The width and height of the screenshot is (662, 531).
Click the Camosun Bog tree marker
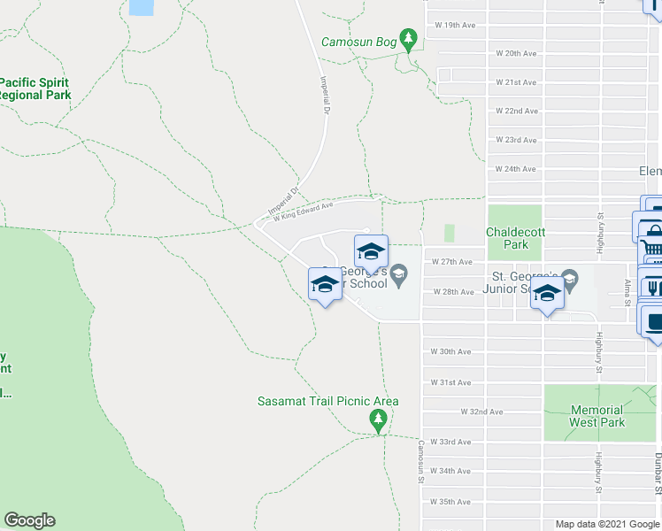coord(408,39)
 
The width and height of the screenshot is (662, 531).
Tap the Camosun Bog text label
coord(358,41)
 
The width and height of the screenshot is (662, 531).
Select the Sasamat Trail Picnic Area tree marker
coord(379,419)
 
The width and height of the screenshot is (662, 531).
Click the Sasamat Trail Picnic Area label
coord(327,401)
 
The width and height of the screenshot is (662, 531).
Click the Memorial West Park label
coord(597,416)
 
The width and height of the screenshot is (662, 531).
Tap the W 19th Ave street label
coord(455,26)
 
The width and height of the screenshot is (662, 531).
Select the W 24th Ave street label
coord(515,168)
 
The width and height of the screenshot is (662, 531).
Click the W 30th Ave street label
coord(450,351)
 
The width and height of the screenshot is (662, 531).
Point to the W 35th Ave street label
coord(450,502)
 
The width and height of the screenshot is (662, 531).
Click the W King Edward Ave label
coord(304,211)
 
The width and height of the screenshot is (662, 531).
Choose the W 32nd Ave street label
coord(481,412)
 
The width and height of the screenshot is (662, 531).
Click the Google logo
coord(29,520)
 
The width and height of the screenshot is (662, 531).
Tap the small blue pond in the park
coord(140,7)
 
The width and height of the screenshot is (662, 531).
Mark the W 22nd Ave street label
coord(515,111)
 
